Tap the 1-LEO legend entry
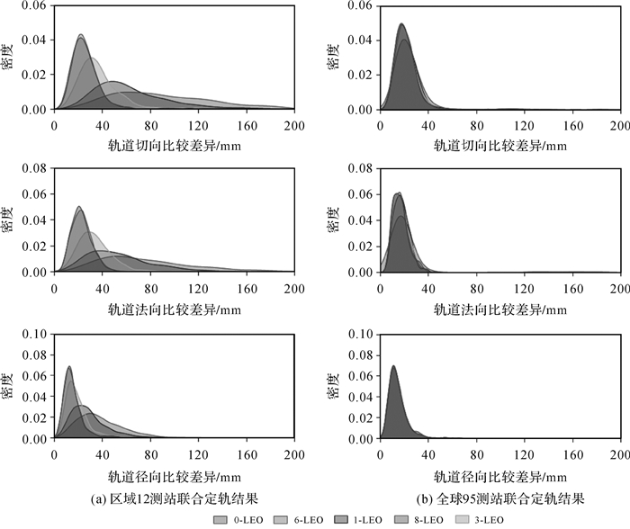tap(354, 519)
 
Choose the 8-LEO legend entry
tap(414, 519)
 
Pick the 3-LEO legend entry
tap(474, 519)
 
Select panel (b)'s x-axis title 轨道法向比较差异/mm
tap(500, 309)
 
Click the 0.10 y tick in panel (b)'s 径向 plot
tap(362, 333)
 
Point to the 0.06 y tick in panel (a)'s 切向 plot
tap(36, 5)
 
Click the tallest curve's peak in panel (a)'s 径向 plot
tap(68, 366)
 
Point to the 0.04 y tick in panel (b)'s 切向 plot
tap(362, 40)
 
